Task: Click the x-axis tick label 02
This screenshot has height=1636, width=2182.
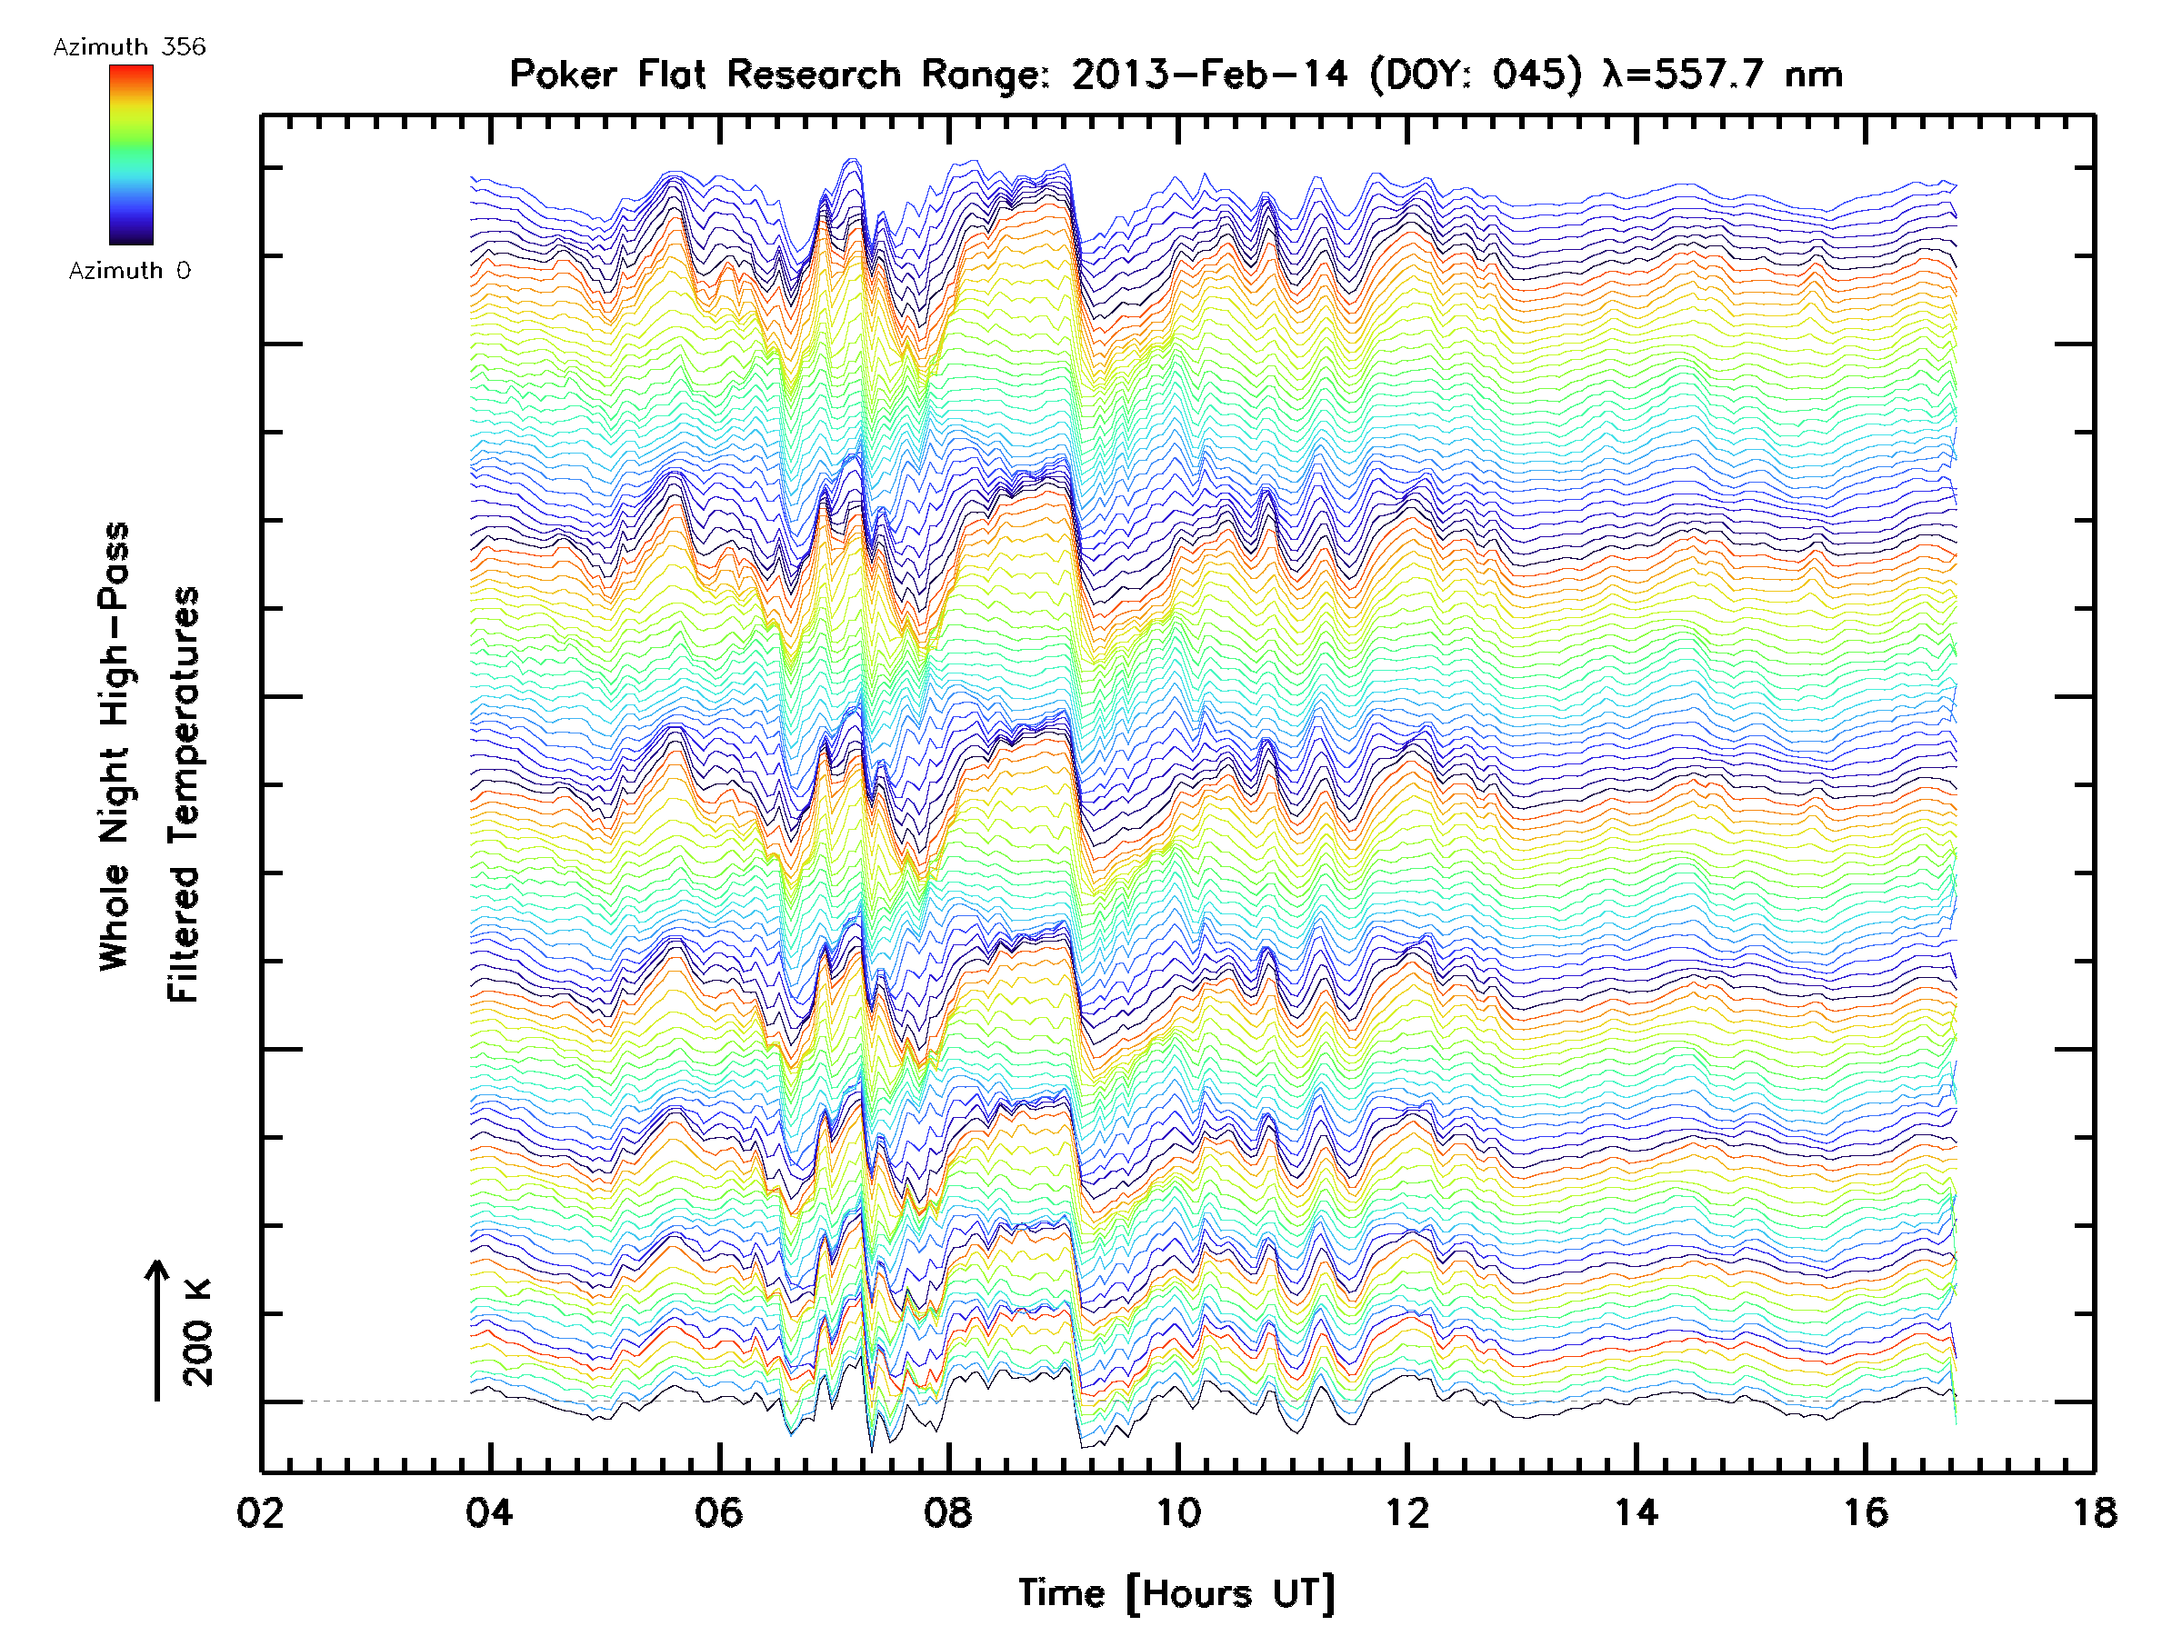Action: point(260,1512)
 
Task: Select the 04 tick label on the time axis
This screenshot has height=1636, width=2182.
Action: point(489,1512)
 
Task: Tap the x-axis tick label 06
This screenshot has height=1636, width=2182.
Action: point(718,1512)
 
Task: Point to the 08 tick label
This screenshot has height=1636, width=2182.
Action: point(948,1512)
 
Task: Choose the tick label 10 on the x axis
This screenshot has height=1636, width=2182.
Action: point(1176,1512)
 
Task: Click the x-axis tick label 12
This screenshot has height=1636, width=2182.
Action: point(1406,1512)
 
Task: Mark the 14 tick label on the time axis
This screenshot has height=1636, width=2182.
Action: point(1636,1512)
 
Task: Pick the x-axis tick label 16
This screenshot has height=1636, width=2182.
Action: point(1866,1512)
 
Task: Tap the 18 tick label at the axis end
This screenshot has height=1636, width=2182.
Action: point(2093,1512)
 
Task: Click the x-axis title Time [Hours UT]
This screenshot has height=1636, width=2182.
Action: point(1176,1593)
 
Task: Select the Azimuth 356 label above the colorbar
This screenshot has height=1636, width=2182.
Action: point(129,47)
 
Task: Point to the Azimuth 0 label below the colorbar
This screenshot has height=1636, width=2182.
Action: point(129,270)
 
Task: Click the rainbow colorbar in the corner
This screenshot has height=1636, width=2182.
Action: point(131,155)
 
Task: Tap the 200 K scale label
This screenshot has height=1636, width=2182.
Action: point(198,1332)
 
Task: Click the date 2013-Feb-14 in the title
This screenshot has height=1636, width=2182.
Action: point(1209,75)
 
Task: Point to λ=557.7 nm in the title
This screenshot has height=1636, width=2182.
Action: point(1722,75)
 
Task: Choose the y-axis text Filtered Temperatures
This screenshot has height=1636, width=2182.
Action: point(184,793)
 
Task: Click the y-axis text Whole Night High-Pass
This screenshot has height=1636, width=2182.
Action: point(115,746)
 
